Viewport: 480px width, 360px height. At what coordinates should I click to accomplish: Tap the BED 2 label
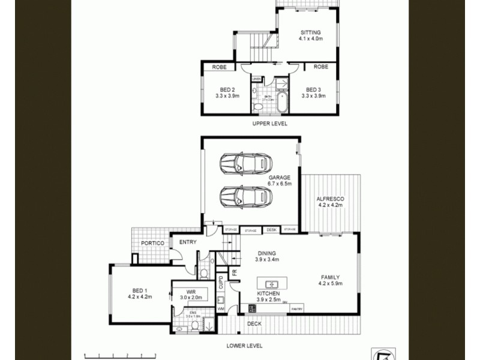227,92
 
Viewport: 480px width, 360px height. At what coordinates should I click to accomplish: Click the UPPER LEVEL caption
269,124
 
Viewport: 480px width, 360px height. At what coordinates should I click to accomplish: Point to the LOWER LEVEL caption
244,346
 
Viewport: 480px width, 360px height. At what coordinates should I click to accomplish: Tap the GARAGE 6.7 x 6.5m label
279,181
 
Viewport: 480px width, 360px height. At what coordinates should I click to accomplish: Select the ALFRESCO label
330,202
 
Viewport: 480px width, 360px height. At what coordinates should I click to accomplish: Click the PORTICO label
152,244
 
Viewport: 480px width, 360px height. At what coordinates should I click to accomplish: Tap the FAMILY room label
330,280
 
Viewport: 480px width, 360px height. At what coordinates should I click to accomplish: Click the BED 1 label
140,292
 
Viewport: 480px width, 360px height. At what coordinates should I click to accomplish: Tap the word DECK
254,324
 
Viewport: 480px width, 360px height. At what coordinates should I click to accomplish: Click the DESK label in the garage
271,230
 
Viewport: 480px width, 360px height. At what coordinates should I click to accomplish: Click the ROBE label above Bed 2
219,67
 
